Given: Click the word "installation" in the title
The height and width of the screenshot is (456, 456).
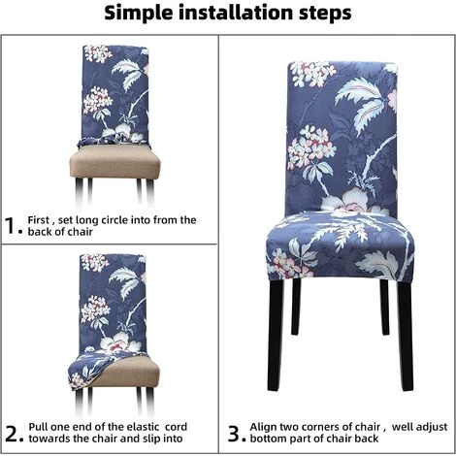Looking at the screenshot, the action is tap(235, 13).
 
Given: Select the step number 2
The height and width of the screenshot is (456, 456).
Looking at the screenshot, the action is tap(12, 434).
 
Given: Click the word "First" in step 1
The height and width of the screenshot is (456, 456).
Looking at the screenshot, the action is tap(38, 220).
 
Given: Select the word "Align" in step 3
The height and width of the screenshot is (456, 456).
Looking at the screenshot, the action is tap(263, 427).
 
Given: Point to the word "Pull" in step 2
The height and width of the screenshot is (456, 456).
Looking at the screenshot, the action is tap(38, 427).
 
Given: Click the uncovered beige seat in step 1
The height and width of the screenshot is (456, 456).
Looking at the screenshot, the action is tap(115, 161).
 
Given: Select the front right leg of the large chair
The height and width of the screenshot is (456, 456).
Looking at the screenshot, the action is tap(406, 337).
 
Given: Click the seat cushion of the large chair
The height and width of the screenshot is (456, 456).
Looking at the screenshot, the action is tap(340, 246).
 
